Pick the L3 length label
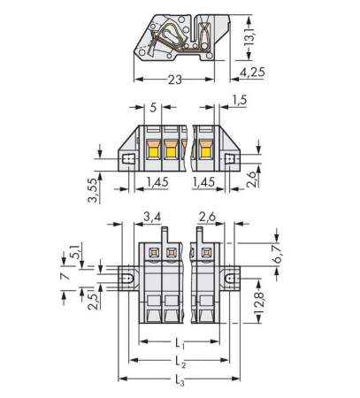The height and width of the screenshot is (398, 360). [x=180, y=382]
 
